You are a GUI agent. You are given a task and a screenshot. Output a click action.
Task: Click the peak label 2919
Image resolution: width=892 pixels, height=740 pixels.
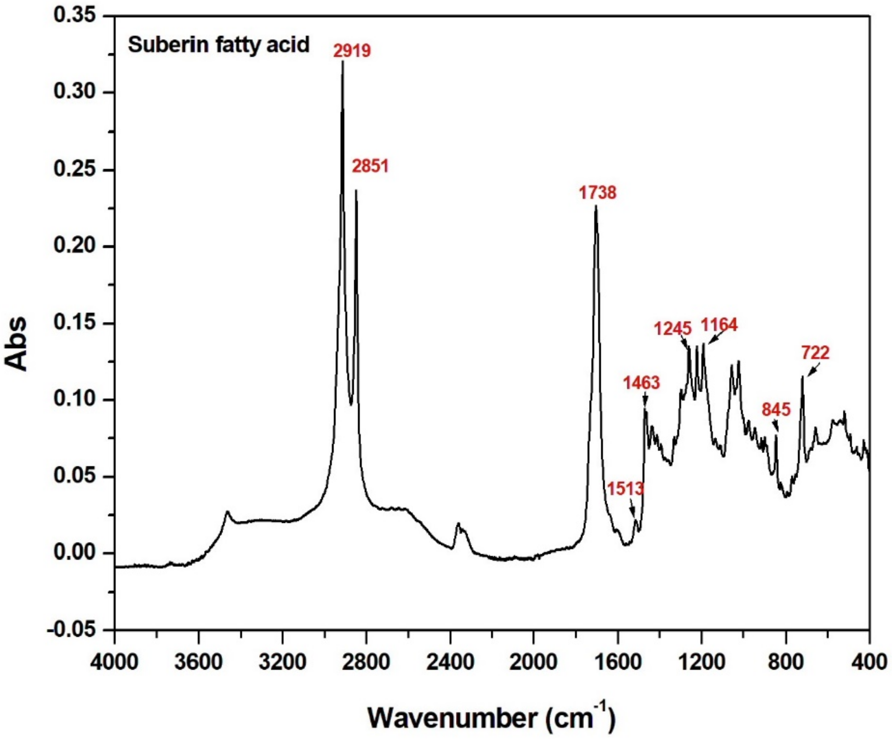coord(352,51)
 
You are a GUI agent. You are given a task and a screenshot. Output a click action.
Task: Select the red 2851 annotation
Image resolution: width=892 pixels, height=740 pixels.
coord(370,166)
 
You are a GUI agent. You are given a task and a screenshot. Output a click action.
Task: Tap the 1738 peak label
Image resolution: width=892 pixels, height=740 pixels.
coord(597,193)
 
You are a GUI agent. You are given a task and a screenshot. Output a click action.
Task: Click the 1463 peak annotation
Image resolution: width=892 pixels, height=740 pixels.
coord(641,383)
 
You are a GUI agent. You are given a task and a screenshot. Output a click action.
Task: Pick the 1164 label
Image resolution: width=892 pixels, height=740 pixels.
coord(719,325)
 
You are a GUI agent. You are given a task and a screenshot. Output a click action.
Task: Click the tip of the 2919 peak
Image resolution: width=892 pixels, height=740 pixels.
coord(342,62)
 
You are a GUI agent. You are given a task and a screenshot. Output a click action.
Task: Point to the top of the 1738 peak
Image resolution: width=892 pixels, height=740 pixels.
coord(596,207)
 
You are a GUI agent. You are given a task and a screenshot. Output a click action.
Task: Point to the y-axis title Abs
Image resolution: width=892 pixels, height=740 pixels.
coord(16,344)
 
